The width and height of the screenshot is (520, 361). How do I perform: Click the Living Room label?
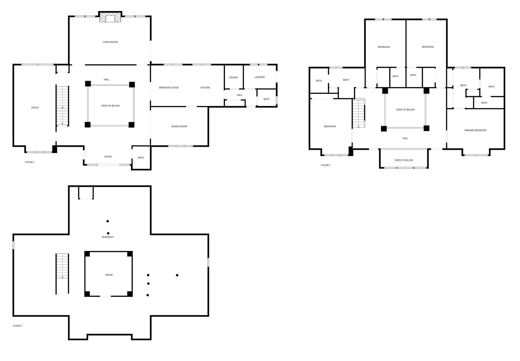pos(110,42)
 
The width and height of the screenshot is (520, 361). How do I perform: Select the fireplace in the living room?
pos(110,17)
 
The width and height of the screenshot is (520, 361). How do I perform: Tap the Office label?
pos(35,108)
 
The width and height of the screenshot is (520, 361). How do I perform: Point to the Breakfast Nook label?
pos(169,88)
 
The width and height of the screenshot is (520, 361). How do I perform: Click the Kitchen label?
pos(205,88)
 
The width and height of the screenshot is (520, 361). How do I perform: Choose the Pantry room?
pos(234,77)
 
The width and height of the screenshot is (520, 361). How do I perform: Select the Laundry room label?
pos(260,77)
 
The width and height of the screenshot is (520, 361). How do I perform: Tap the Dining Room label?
pos(179,126)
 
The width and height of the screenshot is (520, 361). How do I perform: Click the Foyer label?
pos(108,157)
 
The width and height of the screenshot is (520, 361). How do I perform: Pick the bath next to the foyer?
pos(141,158)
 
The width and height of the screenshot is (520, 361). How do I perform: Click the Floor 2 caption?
pos(29,162)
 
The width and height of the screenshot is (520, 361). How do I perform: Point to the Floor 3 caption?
pos(326,165)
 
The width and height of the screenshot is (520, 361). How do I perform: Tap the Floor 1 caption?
pos(18,326)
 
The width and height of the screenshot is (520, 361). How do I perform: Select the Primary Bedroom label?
pos(475,130)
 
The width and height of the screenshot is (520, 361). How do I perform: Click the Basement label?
pos(108,237)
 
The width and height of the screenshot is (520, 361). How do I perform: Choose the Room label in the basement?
pos(109,275)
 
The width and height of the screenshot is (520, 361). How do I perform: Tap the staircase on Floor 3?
pos(359,113)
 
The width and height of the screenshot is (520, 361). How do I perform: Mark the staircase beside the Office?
pos(62,106)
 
